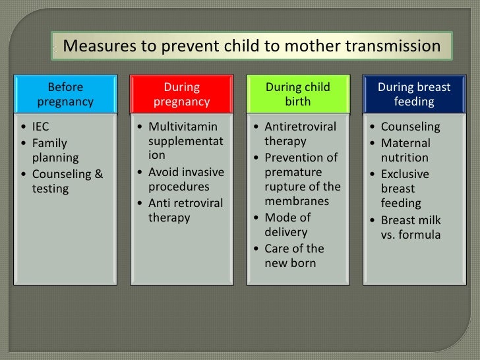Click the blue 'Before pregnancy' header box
[x=65, y=94]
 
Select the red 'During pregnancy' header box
[x=181, y=94]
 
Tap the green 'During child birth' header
[x=297, y=94]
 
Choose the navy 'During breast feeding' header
[x=413, y=94]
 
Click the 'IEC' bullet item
[x=40, y=127]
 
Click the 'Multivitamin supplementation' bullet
[x=185, y=142]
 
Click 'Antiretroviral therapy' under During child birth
[x=300, y=134]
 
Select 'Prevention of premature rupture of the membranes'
[x=302, y=179]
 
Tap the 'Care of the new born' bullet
[x=294, y=256]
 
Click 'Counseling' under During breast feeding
[x=410, y=127]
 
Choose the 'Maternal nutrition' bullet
[x=405, y=150]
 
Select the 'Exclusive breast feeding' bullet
[x=405, y=189]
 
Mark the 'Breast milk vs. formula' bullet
[x=411, y=227]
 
